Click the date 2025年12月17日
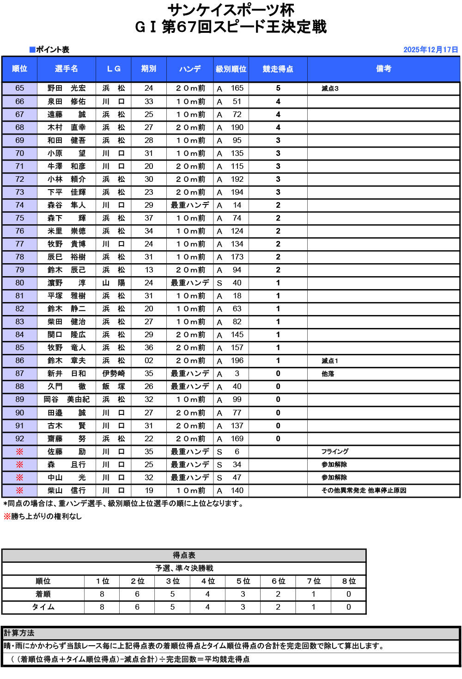coord(430,49)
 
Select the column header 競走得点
coord(278,69)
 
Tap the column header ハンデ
coord(190,69)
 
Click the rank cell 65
coord(19,88)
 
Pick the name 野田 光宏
coord(67,88)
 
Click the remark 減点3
coord(330,88)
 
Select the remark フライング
coord(335,451)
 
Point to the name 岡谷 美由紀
coord(67,400)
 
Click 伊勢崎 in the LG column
coord(114,374)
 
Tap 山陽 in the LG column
coord(114,283)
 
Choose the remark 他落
coord(328,374)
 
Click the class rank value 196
coord(237,361)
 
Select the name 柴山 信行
coord(67,490)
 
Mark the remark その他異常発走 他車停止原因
coord(364,490)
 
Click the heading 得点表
coord(184,555)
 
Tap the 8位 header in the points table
coord(348,581)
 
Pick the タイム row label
coord(43,607)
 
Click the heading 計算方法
coord(19,633)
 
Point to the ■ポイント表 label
coord(49,49)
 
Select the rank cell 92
coord(19,438)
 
